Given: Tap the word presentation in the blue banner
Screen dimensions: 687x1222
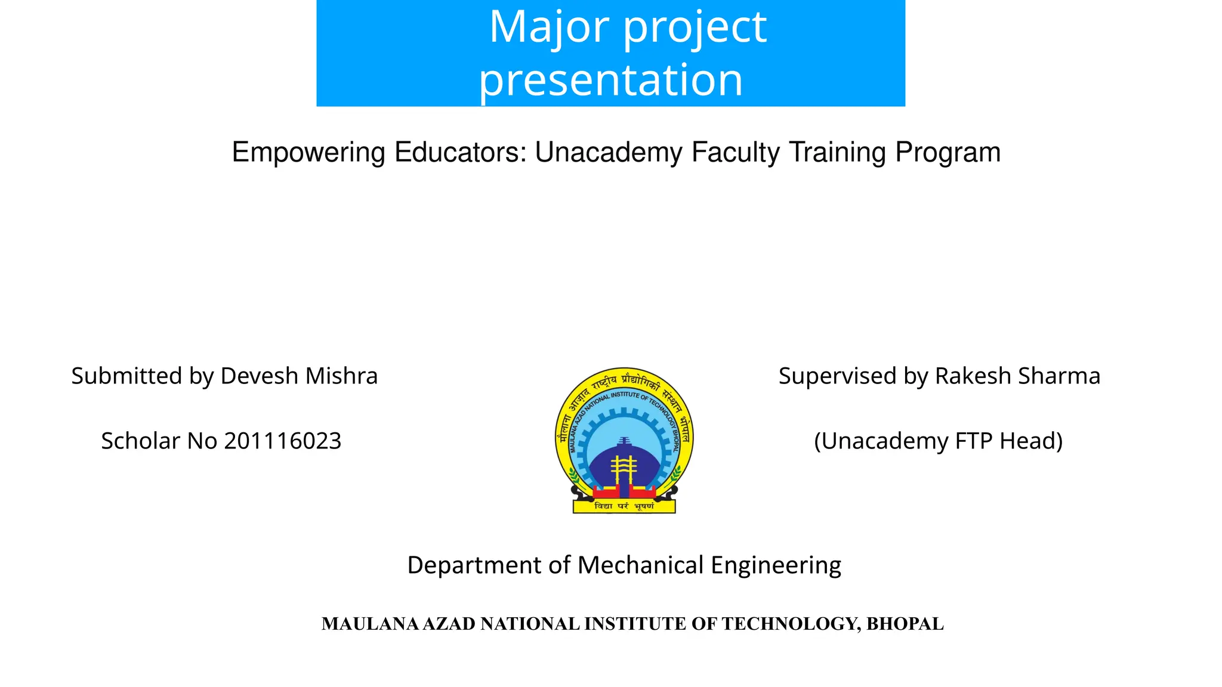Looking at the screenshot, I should coord(610,80).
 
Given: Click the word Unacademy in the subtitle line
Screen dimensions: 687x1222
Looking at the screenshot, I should coord(608,153).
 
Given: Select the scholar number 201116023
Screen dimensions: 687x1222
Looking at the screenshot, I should coord(282,441).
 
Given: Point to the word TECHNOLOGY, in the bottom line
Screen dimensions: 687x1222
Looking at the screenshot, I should coord(792,624).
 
